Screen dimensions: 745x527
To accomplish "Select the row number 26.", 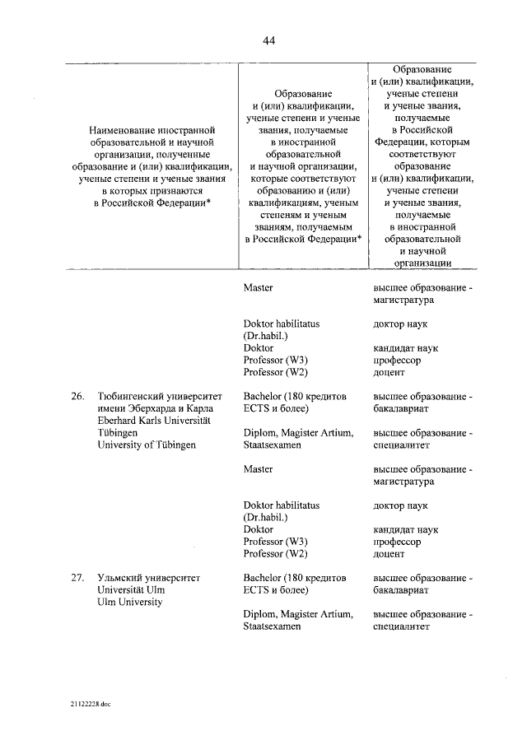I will pyautogui.click(x=77, y=396).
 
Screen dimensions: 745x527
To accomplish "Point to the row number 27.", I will pyautogui.click(x=77, y=578).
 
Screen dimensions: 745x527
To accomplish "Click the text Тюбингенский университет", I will pyautogui.click(x=156, y=396).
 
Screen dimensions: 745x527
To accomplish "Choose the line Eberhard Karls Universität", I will pyautogui.click(x=154, y=421).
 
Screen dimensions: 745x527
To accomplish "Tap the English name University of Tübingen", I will pyautogui.click(x=147, y=445).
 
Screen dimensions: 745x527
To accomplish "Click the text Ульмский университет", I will pyautogui.click(x=148, y=578).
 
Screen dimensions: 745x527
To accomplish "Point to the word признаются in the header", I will pyautogui.click(x=178, y=190).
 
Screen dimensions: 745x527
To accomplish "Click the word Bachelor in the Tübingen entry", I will pyautogui.click(x=265, y=396).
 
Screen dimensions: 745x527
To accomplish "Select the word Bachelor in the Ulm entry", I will pyautogui.click(x=265, y=578).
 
